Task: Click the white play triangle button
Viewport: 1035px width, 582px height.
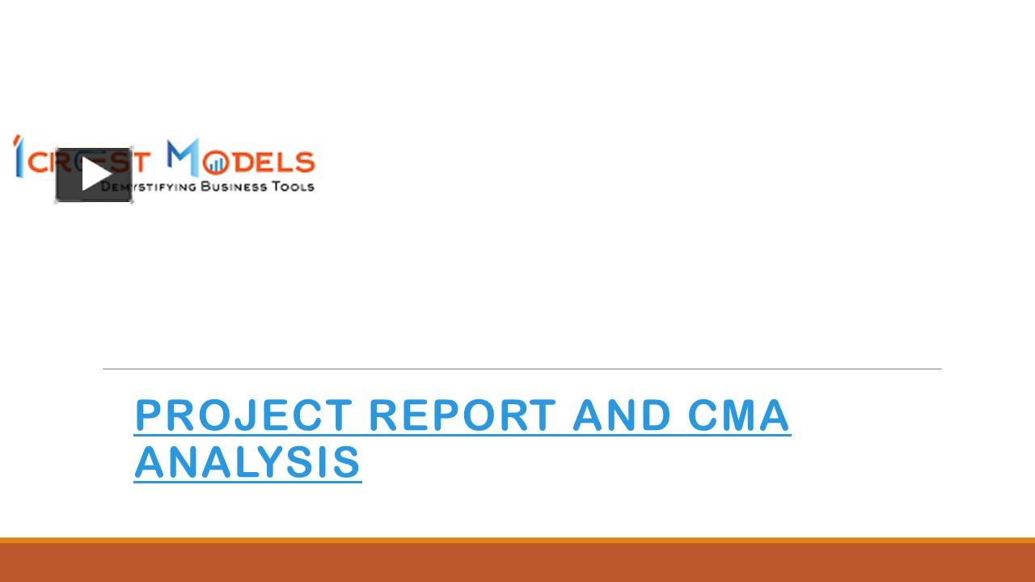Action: pyautogui.click(x=95, y=175)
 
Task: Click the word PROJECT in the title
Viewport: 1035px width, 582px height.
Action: pyautogui.click(x=243, y=415)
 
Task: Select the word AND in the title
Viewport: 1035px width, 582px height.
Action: pyautogui.click(x=622, y=415)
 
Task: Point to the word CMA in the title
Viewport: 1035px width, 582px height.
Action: pyautogui.click(x=738, y=415)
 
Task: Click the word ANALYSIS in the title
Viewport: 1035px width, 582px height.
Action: pyautogui.click(x=247, y=462)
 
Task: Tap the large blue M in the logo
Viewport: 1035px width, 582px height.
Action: pyautogui.click(x=183, y=158)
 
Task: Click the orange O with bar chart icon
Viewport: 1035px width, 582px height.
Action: pyautogui.click(x=214, y=164)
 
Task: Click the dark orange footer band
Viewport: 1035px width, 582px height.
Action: pyautogui.click(x=517, y=563)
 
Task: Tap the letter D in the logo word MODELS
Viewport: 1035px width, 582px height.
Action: pyautogui.click(x=239, y=163)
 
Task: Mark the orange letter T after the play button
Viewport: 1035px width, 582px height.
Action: pyautogui.click(x=141, y=163)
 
